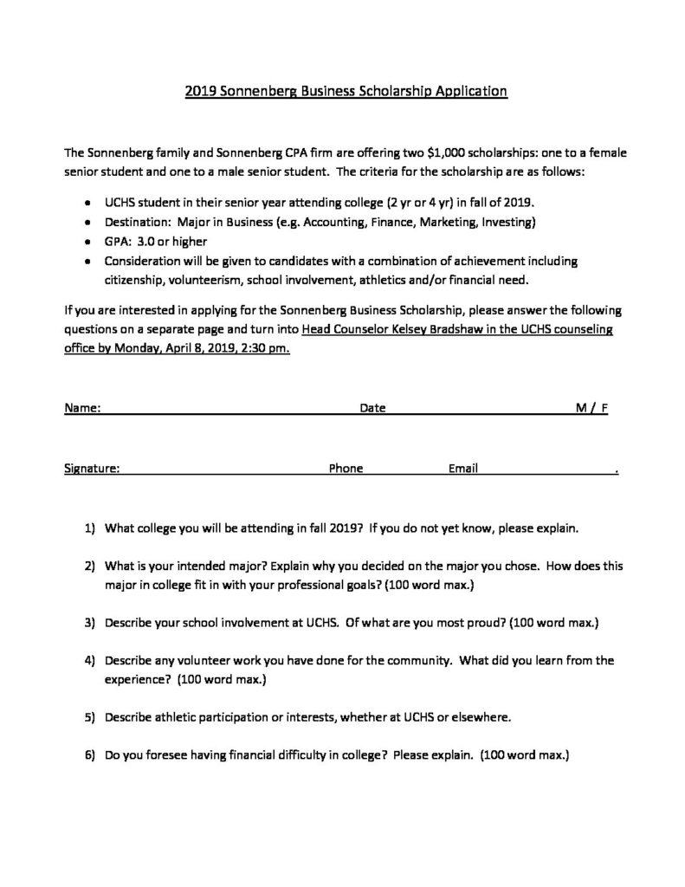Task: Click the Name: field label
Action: pyautogui.click(x=82, y=407)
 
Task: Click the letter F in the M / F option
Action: pyautogui.click(x=604, y=407)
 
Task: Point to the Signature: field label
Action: pyautogui.click(x=92, y=469)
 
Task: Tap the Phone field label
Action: pyautogui.click(x=346, y=469)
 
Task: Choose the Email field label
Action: pyautogui.click(x=463, y=469)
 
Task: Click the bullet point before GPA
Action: pyautogui.click(x=90, y=242)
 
